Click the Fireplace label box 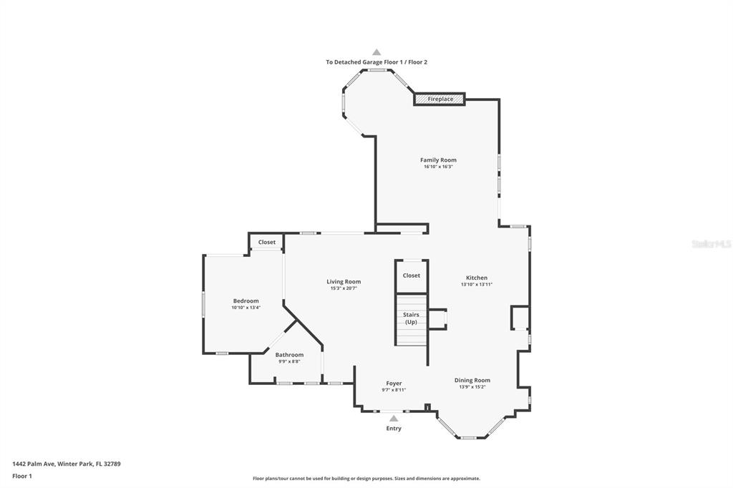pyautogui.click(x=440, y=99)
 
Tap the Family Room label pyautogui.click(x=439, y=160)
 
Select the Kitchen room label pyautogui.click(x=477, y=278)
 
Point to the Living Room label pyautogui.click(x=344, y=281)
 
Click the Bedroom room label pyautogui.click(x=246, y=301)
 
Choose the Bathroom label pyautogui.click(x=289, y=355)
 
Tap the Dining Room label pyautogui.click(x=472, y=380)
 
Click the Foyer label pyautogui.click(x=394, y=384)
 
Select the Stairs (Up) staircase pyautogui.click(x=412, y=320)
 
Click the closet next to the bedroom pyautogui.click(x=267, y=242)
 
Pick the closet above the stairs pyautogui.click(x=412, y=275)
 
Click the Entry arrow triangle pyautogui.click(x=394, y=419)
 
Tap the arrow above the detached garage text pyautogui.click(x=377, y=52)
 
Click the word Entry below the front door pyautogui.click(x=394, y=428)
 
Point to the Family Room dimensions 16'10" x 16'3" pyautogui.click(x=439, y=167)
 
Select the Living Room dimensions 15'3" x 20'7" pyautogui.click(x=344, y=288)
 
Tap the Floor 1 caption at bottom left pyautogui.click(x=22, y=477)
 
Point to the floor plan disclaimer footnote pyautogui.click(x=366, y=479)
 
